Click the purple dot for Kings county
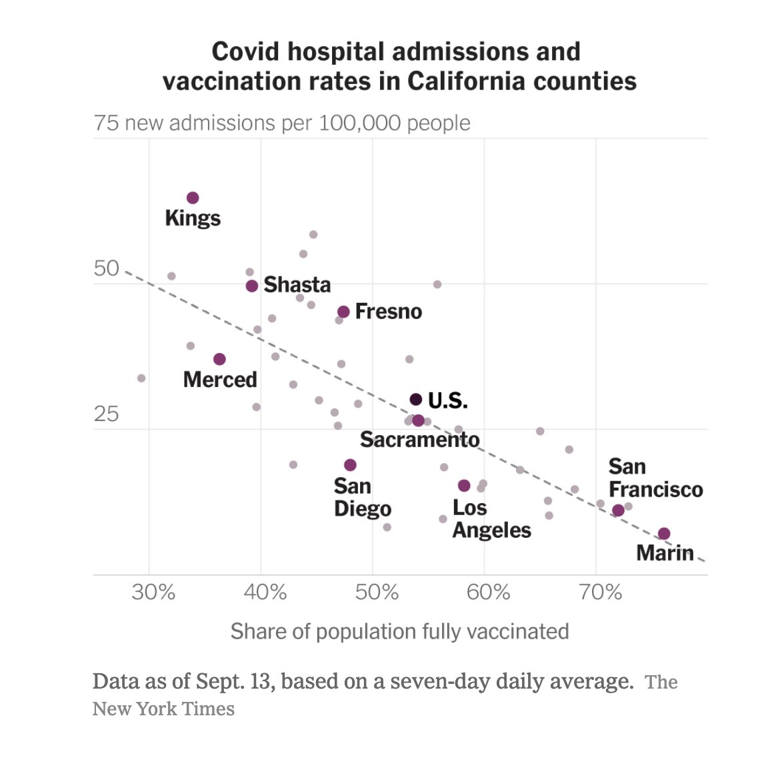[193, 198]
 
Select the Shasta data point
[252, 286]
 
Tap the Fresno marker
[343, 312]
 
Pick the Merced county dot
[219, 359]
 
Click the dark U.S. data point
[415, 400]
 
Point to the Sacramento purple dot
[418, 420]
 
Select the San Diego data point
[350, 465]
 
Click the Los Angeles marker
[464, 486]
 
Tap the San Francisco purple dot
[618, 510]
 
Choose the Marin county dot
[664, 534]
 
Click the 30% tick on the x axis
[153, 592]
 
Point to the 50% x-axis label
[377, 592]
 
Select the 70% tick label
[600, 592]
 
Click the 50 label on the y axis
[107, 268]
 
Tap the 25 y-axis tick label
[107, 414]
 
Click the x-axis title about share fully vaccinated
[399, 631]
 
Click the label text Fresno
[389, 312]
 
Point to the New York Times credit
[163, 708]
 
